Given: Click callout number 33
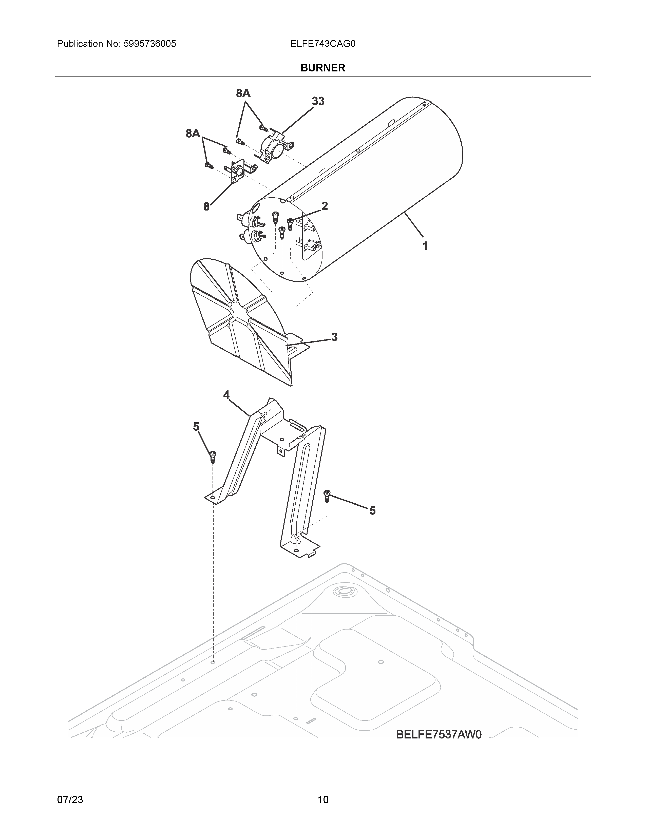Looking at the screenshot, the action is coord(318,101).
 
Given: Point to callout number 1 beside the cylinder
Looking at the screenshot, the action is coord(425,246).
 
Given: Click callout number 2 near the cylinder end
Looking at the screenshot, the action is coord(325,206).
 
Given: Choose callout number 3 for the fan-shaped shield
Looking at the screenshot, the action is coord(334,337).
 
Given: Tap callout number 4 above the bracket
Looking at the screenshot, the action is coord(226,395).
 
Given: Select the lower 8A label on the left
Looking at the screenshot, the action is coord(193,133).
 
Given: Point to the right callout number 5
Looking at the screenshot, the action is coord(372,511).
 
